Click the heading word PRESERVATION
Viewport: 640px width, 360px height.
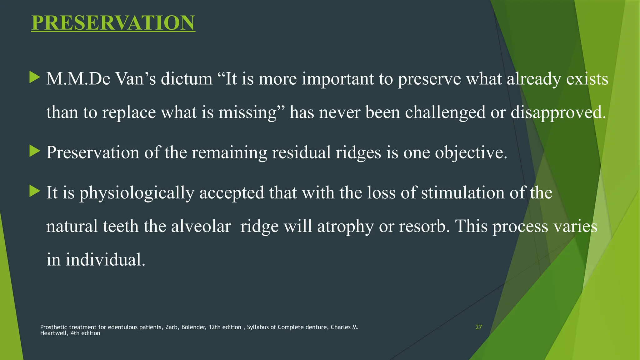pyautogui.click(x=113, y=23)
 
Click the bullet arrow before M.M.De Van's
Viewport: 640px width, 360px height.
pyautogui.click(x=35, y=77)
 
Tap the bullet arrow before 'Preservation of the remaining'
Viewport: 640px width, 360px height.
pyautogui.click(x=35, y=151)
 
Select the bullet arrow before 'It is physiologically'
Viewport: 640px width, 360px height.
pyautogui.click(x=35, y=191)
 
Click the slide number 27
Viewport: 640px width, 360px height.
pyautogui.click(x=478, y=327)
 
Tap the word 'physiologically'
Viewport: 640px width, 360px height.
pyautogui.click(x=137, y=193)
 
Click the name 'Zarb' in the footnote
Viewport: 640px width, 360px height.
pyautogui.click(x=172, y=327)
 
